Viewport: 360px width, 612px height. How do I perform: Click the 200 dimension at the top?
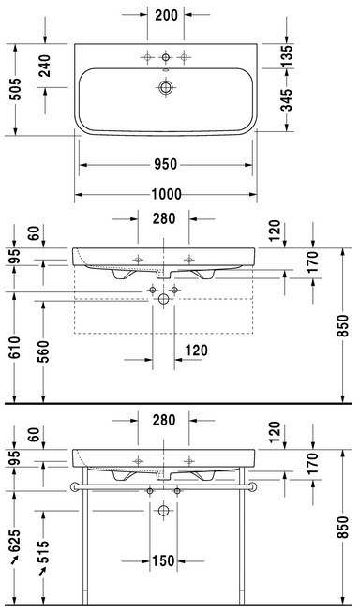[x=166, y=15]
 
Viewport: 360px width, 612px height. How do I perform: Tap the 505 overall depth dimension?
[x=17, y=89]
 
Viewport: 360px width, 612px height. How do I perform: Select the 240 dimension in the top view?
[x=45, y=66]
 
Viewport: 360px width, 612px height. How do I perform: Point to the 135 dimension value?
[x=287, y=56]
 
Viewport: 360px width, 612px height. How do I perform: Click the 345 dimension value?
[x=287, y=100]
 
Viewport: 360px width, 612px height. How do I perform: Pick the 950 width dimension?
[x=166, y=164]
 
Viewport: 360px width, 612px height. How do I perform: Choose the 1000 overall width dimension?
[x=166, y=194]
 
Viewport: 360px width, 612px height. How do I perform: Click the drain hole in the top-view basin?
[x=166, y=87]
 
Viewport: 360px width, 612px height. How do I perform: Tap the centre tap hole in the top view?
[x=166, y=58]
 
